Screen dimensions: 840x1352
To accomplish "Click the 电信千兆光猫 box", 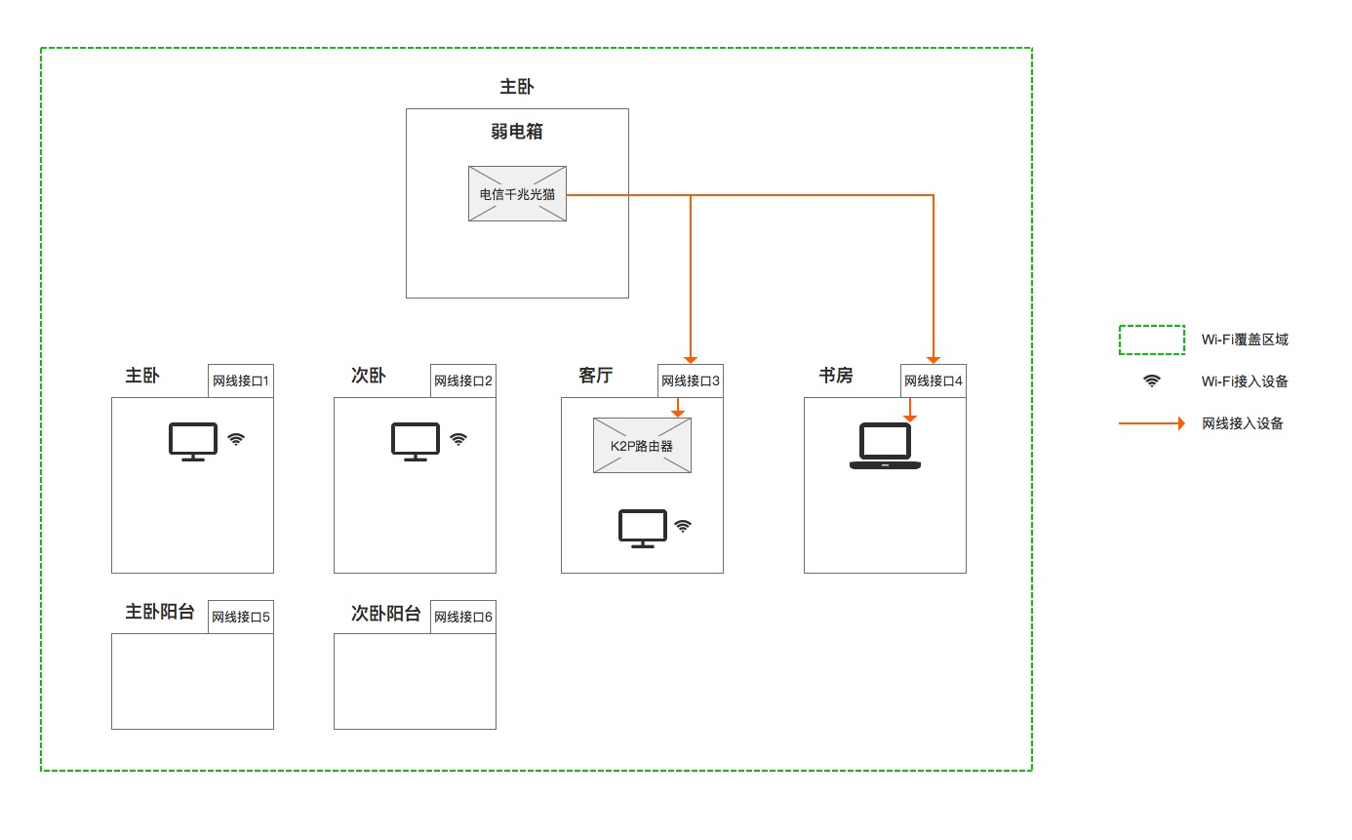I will click(x=517, y=193).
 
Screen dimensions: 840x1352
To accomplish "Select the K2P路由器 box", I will click(x=642, y=446).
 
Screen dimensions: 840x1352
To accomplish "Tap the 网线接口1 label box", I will click(x=241, y=380).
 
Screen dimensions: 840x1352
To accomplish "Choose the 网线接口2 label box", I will click(x=463, y=380).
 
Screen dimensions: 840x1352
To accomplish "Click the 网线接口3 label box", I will click(x=691, y=380).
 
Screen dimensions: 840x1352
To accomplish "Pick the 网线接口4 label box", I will click(x=934, y=380).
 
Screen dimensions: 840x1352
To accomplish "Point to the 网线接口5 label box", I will click(x=241, y=617).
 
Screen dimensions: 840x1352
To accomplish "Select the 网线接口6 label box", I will click(x=463, y=617).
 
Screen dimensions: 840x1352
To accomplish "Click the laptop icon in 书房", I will click(x=885, y=447).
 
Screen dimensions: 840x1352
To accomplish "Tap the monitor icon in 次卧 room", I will click(x=415, y=441).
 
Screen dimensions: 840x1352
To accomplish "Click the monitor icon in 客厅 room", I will click(x=643, y=528).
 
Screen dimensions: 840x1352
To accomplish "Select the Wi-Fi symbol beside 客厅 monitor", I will click(x=683, y=526).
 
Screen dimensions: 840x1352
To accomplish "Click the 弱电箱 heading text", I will click(x=517, y=132).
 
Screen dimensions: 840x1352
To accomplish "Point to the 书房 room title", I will click(x=836, y=376).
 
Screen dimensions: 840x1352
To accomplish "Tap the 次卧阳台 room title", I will click(x=386, y=614).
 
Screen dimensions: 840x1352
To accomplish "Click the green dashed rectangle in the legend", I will click(x=1151, y=340).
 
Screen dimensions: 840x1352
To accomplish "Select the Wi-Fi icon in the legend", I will click(x=1152, y=381).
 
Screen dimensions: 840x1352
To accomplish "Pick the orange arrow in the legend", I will click(x=1151, y=423).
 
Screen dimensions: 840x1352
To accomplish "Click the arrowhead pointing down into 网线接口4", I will click(x=934, y=358).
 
